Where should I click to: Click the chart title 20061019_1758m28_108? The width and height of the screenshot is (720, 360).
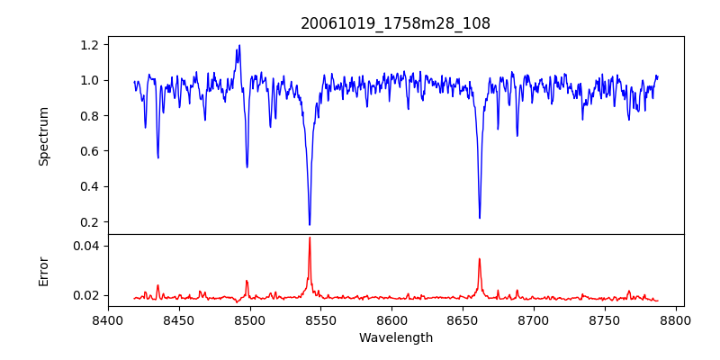click(x=396, y=24)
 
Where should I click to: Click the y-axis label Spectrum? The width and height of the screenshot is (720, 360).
click(x=43, y=136)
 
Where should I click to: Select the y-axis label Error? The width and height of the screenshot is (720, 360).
click(x=43, y=271)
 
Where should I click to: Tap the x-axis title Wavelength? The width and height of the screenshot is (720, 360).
click(x=396, y=338)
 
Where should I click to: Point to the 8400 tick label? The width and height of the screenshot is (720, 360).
click(x=108, y=319)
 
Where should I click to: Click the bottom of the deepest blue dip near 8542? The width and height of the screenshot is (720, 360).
click(x=310, y=224)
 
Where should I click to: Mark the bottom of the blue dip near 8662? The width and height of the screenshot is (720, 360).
click(x=480, y=217)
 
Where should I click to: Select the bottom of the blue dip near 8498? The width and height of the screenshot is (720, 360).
click(x=247, y=166)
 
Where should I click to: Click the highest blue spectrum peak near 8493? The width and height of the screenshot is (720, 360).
click(x=239, y=46)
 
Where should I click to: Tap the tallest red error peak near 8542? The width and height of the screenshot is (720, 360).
click(x=310, y=238)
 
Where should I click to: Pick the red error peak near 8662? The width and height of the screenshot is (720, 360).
click(x=480, y=259)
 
